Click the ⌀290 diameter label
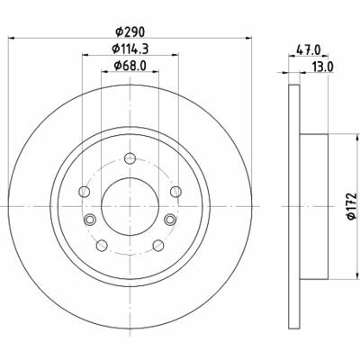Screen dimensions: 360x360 (130, 31)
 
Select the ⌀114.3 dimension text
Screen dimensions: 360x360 (130, 49)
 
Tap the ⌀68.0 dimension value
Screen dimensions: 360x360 (130, 65)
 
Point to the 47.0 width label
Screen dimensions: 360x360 (309, 49)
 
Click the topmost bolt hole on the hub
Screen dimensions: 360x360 (130, 158)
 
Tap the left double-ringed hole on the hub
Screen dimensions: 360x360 (89, 220)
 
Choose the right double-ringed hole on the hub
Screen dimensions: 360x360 (170, 220)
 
